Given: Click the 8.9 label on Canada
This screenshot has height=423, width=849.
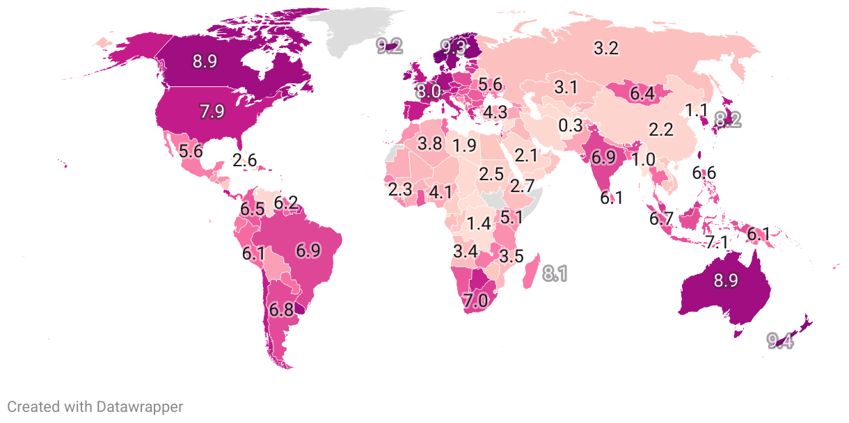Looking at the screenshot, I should coord(205,61).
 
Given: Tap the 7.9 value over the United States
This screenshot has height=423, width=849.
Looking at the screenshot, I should coord(212,111).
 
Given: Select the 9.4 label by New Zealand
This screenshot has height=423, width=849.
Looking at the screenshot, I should coord(780,341).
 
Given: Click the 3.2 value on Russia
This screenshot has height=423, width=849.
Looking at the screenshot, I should coord(605,49).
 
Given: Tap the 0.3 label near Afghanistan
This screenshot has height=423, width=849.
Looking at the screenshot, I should coord(570,126).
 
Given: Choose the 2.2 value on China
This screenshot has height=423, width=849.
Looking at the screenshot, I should coord(660,129).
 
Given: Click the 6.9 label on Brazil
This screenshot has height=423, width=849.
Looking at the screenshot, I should coord(308,250).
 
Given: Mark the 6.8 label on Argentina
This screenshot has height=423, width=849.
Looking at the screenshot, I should coord(281,310).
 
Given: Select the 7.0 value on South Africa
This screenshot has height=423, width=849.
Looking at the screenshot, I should coord(476,301).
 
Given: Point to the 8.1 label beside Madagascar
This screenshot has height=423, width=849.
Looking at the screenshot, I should coord(555,274).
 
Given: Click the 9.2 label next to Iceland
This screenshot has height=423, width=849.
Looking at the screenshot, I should coord(389,47).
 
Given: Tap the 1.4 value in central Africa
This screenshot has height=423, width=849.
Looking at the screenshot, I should coord(479,224).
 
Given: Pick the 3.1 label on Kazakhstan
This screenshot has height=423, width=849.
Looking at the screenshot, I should coord(566,88).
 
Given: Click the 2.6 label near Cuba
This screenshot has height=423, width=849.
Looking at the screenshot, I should coord(245,160).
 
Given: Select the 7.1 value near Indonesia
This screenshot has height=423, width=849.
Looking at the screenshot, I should coord(716,242).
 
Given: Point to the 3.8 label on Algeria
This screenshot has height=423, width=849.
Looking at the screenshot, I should coord(430,144).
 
